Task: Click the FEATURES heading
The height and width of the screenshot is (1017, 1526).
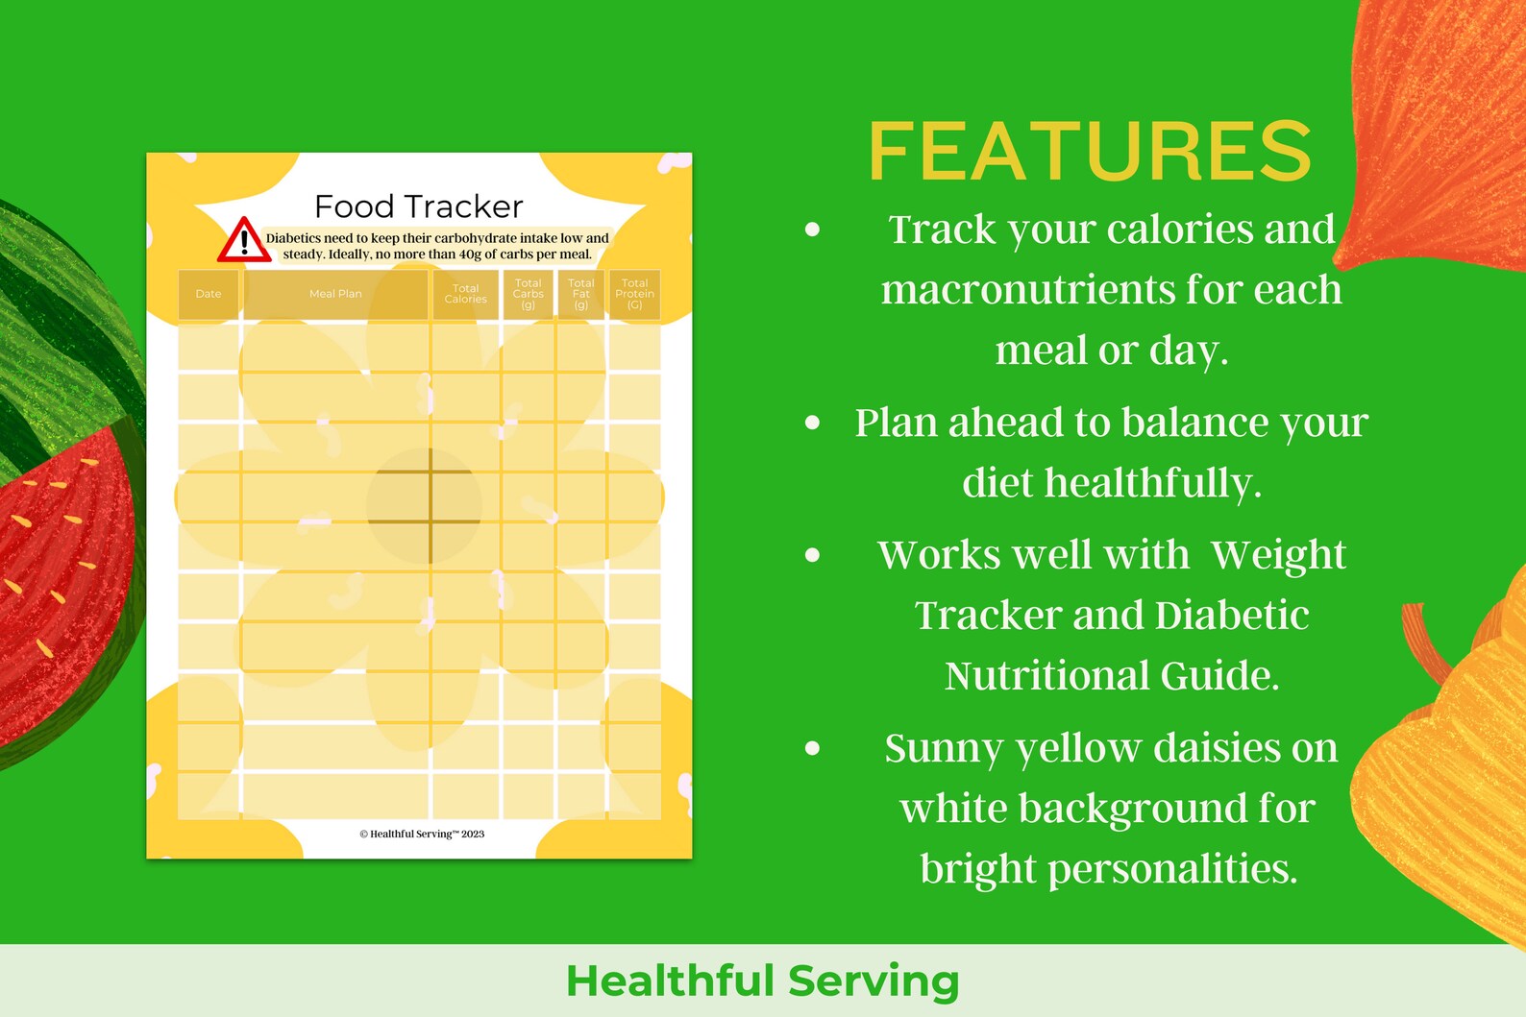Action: [x=1090, y=151]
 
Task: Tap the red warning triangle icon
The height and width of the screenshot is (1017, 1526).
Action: [x=243, y=241]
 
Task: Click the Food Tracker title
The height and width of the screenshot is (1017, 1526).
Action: [x=419, y=206]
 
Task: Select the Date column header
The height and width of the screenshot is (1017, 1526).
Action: [x=209, y=294]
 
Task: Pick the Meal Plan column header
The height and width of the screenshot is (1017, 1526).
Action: [x=335, y=294]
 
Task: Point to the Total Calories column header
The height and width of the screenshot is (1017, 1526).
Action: [x=466, y=294]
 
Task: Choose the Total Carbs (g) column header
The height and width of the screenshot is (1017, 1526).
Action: [x=529, y=294]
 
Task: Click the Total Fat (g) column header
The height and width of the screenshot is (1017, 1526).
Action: [x=581, y=294]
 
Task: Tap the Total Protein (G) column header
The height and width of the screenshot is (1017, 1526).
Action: [x=635, y=294]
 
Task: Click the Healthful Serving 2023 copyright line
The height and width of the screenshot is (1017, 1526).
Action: [x=422, y=834]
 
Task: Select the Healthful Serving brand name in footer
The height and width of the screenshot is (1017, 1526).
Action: [x=763, y=981]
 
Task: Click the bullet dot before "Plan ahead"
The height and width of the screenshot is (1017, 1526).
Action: [x=813, y=423]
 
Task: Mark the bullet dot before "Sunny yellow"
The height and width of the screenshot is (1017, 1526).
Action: [x=813, y=748]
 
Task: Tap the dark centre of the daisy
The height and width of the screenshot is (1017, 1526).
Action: [x=424, y=505]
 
